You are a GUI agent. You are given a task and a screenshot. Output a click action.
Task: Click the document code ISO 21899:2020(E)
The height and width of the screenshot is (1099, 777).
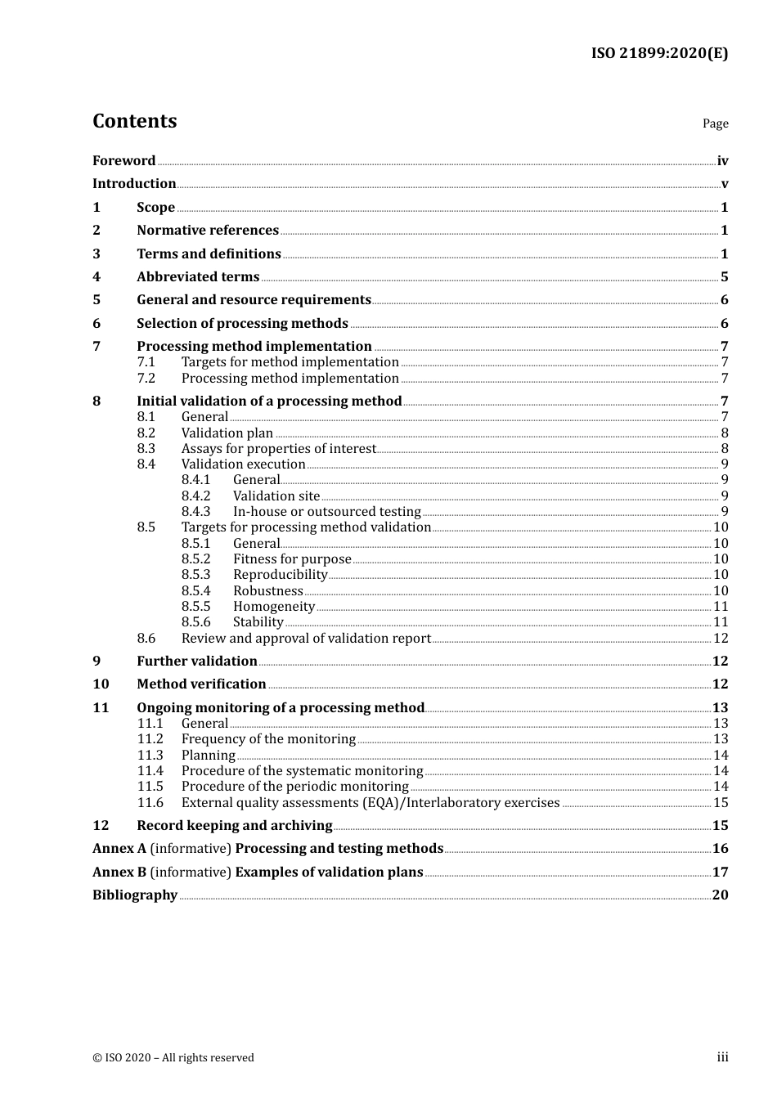(659, 53)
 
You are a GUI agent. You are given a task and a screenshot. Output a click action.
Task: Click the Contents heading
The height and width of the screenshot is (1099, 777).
(134, 121)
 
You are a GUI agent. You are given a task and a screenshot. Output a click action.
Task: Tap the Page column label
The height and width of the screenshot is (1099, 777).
(715, 123)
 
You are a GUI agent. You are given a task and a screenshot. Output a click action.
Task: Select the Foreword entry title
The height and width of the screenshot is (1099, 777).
(124, 160)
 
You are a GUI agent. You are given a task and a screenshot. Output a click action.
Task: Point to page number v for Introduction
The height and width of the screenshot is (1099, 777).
(724, 184)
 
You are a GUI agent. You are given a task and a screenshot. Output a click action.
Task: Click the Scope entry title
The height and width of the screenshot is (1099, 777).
(155, 207)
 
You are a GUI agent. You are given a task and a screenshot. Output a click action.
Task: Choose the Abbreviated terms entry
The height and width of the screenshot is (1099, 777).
(198, 276)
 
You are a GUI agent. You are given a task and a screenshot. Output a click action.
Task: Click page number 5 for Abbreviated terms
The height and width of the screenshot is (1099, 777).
(724, 276)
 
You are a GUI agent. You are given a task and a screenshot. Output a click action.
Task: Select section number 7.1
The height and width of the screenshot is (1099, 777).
(146, 362)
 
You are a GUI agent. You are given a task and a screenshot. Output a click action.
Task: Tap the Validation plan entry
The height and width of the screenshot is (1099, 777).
(227, 433)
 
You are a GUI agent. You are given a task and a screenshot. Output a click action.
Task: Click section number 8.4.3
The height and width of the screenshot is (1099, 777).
(195, 512)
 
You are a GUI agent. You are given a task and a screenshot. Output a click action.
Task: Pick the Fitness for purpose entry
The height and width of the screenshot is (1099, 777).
(292, 559)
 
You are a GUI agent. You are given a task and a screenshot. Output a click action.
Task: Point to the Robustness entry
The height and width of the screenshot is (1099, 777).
(267, 591)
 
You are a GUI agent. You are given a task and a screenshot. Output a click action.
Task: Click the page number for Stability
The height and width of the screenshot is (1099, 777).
(721, 622)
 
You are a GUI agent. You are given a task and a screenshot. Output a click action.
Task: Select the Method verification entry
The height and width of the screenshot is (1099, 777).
(201, 684)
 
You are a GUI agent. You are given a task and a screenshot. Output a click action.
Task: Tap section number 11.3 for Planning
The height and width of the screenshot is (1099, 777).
(150, 756)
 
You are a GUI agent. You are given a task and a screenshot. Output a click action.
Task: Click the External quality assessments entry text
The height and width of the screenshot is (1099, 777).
(371, 803)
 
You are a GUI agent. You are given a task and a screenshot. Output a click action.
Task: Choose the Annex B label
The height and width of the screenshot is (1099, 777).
(119, 872)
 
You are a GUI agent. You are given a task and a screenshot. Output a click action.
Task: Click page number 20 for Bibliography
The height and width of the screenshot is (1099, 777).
(720, 895)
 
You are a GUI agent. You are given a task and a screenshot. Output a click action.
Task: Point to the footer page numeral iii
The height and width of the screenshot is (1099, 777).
(722, 1057)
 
